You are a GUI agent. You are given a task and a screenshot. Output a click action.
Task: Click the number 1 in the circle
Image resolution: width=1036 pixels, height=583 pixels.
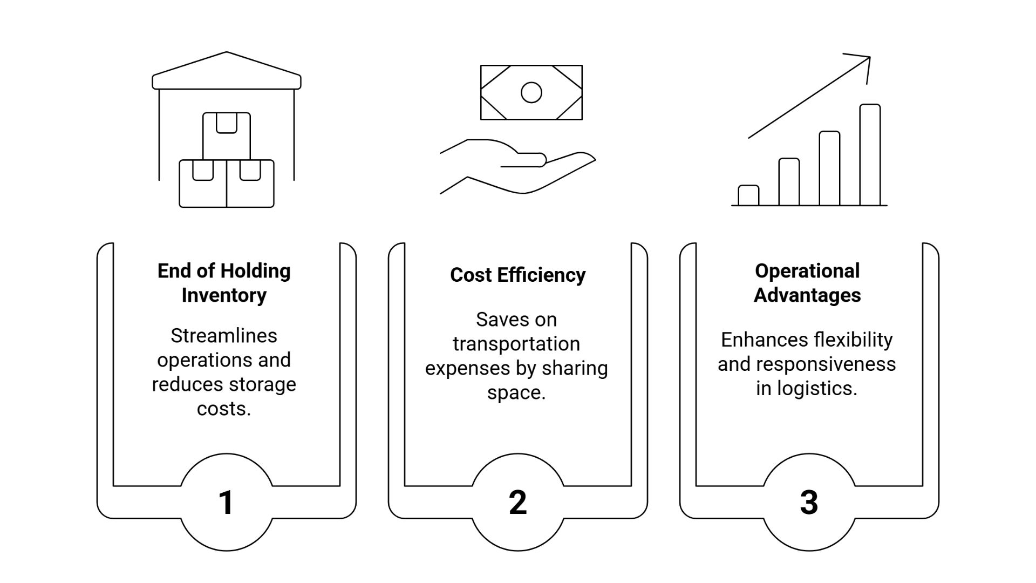[x=226, y=503]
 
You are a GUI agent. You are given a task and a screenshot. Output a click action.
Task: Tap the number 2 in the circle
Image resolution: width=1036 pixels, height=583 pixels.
[x=517, y=503]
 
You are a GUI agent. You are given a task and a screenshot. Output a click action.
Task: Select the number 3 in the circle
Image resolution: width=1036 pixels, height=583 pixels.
[x=809, y=503]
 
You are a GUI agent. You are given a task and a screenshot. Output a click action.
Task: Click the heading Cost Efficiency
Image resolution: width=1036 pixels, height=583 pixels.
[x=517, y=275]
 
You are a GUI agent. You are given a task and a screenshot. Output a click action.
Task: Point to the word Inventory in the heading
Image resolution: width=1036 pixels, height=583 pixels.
[x=224, y=295]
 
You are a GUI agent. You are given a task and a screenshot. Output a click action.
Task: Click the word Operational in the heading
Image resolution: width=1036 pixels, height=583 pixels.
[x=807, y=271]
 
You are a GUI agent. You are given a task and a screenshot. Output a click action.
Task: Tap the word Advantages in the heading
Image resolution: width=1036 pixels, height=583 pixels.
[x=807, y=295]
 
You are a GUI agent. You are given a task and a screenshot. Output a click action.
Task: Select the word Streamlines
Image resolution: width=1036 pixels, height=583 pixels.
[x=224, y=336]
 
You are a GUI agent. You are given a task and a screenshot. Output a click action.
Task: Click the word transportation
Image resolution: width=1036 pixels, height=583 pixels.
[x=516, y=344]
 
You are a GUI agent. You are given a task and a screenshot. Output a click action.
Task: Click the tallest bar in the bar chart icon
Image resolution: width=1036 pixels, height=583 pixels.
[x=870, y=155]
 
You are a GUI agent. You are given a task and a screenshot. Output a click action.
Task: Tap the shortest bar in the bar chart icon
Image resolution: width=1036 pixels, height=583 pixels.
[x=748, y=195]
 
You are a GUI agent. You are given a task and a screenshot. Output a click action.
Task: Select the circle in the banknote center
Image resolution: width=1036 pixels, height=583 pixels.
[x=531, y=92]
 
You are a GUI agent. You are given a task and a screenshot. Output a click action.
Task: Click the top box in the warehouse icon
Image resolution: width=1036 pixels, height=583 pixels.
[x=227, y=136]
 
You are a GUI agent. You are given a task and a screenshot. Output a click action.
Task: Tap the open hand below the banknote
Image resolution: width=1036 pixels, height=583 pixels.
[x=518, y=167]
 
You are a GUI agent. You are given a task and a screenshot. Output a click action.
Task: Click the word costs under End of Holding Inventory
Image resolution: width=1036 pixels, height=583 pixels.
[x=224, y=409]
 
